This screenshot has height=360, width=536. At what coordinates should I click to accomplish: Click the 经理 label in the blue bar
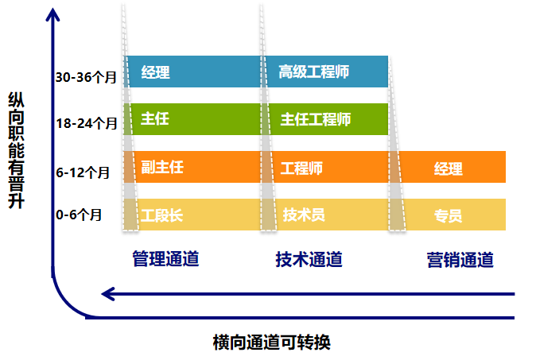pos(155,73)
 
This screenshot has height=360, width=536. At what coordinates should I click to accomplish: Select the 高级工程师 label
pos(315,73)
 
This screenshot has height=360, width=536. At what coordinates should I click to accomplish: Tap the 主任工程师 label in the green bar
pos(315,120)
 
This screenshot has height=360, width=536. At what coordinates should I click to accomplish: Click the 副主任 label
pos(162,168)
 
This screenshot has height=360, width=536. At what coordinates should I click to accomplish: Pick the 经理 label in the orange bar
pos(448,168)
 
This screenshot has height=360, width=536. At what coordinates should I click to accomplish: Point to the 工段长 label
pos(162,215)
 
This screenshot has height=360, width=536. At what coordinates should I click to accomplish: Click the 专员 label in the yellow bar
pos(448,216)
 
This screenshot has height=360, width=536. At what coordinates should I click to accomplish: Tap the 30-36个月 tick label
pos(87,77)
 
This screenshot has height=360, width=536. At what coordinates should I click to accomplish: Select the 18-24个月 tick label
pos(87,123)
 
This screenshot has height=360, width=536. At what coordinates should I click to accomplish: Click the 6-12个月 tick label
pos(83,171)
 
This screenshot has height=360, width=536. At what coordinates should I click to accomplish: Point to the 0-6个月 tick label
pos(80,215)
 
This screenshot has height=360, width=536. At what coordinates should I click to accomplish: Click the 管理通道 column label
pos(165,259)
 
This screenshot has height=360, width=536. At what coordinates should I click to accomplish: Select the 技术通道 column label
pos(309,259)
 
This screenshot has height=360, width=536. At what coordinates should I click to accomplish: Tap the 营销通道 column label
pos(460,260)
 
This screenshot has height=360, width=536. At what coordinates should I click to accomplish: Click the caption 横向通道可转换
pos(271,343)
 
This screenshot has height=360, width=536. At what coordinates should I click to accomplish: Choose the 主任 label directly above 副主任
pos(155,120)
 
